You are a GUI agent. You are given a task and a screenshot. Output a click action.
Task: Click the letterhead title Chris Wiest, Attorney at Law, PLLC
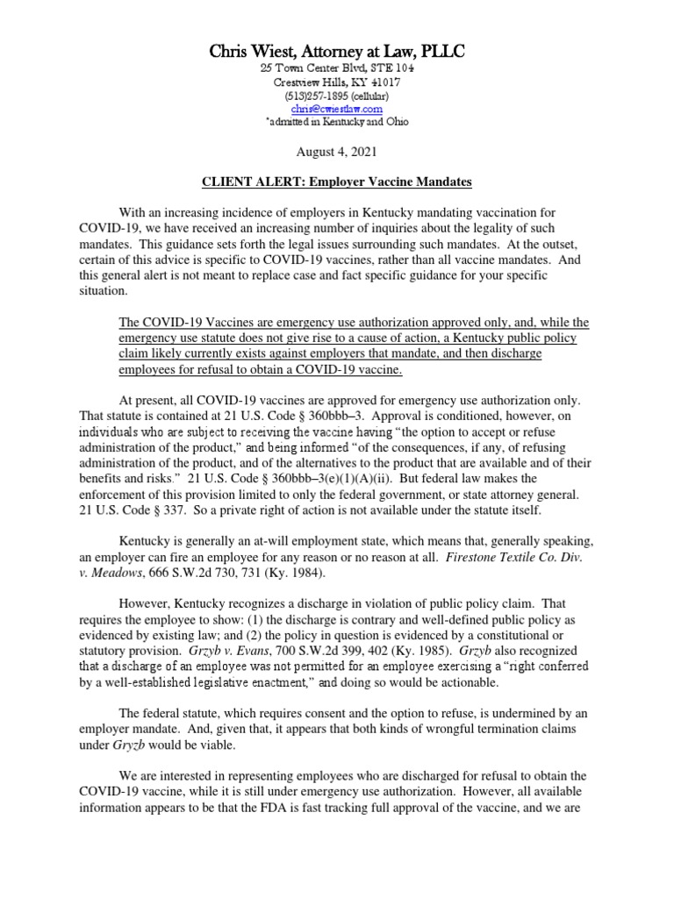pyautogui.click(x=336, y=52)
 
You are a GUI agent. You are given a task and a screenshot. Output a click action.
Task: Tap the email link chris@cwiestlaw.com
pyautogui.click(x=337, y=109)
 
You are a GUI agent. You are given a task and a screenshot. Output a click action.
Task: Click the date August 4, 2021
pyautogui.click(x=337, y=152)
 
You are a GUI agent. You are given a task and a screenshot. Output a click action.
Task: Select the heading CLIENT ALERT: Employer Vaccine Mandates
pyautogui.click(x=337, y=182)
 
